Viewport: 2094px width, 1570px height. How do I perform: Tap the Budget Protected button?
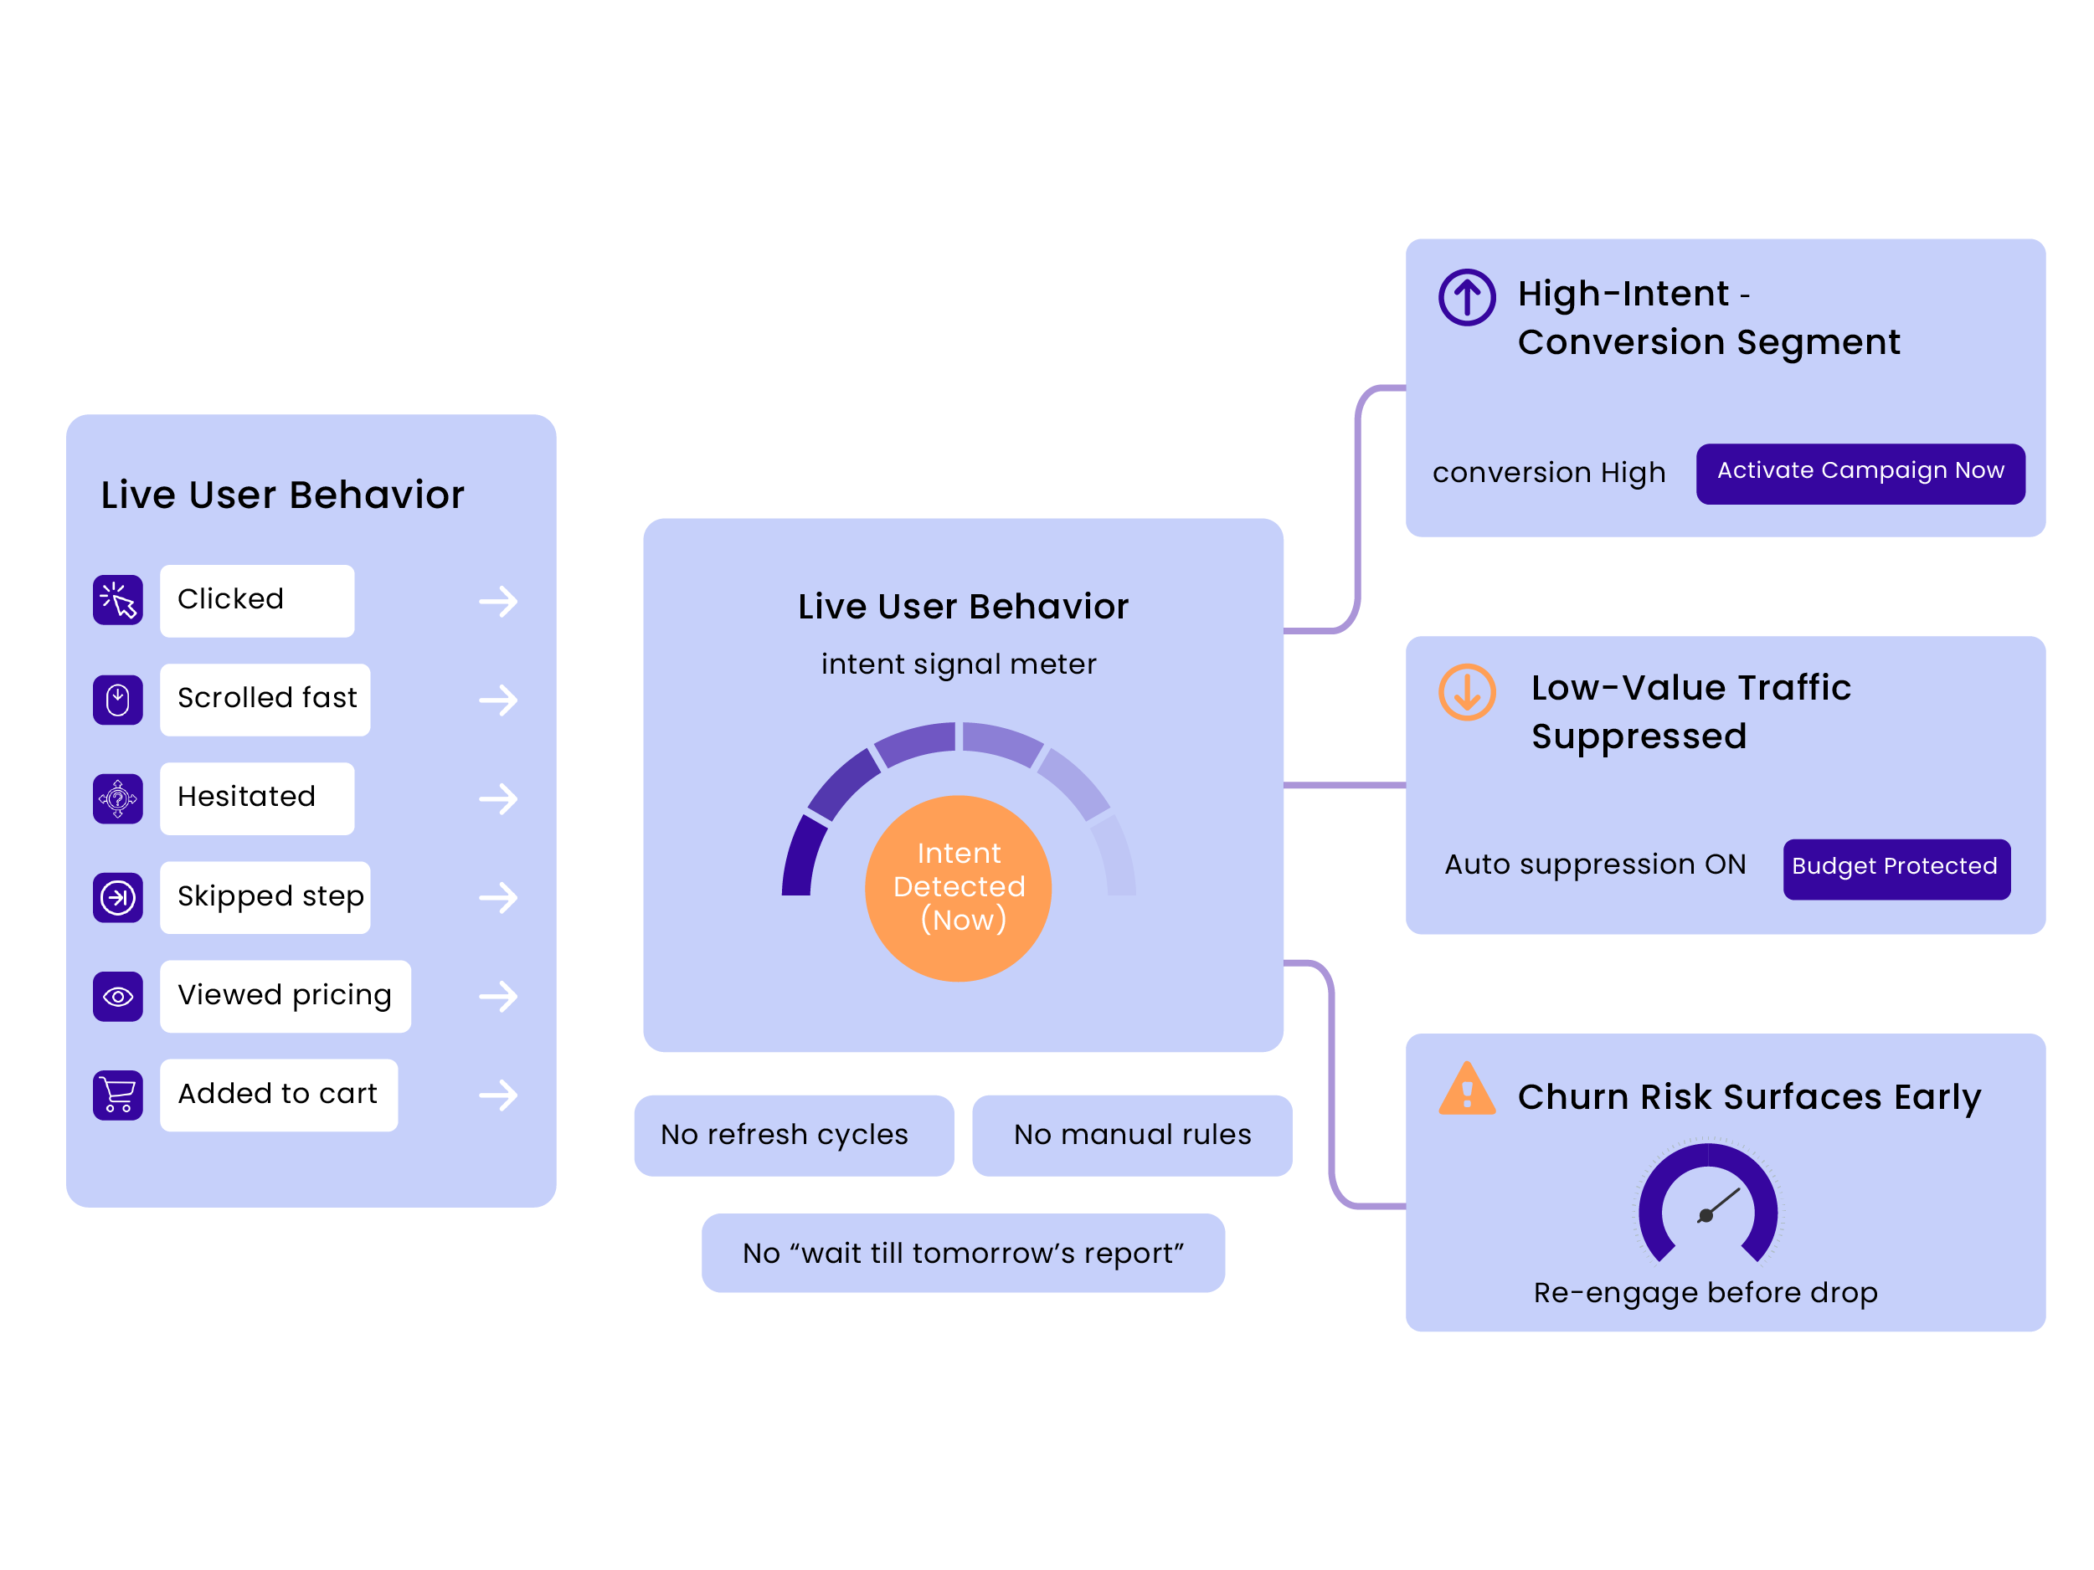(1896, 868)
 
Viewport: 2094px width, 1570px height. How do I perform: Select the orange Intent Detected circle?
(958, 888)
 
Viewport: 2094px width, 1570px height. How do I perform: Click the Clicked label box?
(256, 600)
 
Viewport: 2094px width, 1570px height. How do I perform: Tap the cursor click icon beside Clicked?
(117, 600)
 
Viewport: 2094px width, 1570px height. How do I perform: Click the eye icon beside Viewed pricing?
(117, 996)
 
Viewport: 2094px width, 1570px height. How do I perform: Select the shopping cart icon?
(117, 1094)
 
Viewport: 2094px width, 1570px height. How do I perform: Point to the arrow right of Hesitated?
(498, 798)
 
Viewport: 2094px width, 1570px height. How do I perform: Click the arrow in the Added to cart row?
(498, 1095)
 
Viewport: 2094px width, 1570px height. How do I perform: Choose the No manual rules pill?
(1131, 1134)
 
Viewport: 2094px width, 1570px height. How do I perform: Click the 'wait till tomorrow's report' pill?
(963, 1252)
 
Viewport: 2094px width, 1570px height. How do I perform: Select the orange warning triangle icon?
(1466, 1090)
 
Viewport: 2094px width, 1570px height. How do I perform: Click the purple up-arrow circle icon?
(1466, 297)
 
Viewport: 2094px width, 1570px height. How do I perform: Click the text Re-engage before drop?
(1705, 1292)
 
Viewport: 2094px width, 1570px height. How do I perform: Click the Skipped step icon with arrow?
(117, 896)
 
